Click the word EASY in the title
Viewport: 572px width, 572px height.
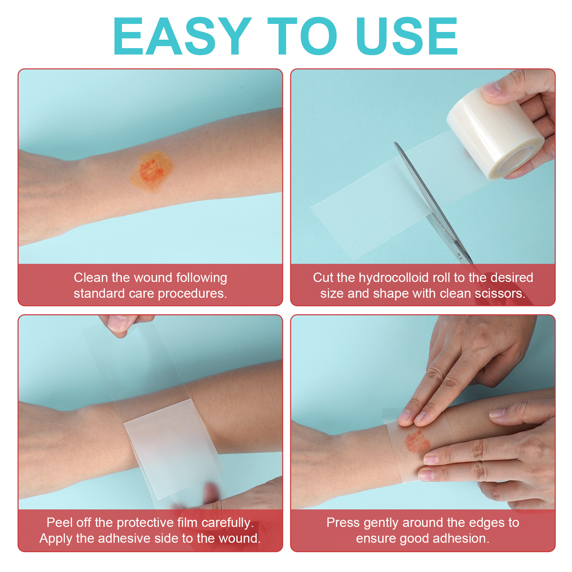pyautogui.click(x=182, y=36)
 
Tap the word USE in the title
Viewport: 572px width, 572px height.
pyautogui.click(x=407, y=36)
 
